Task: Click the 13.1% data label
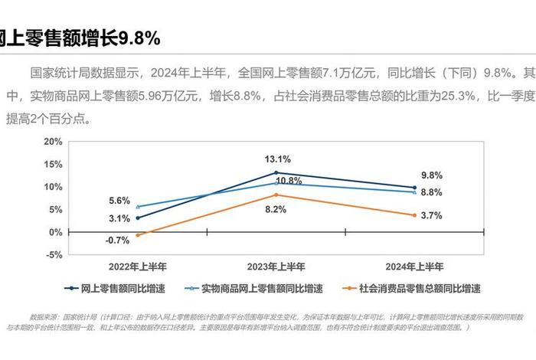[x=277, y=159]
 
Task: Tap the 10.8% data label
[x=289, y=181]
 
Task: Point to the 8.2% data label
[x=276, y=209]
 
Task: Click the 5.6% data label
[x=119, y=201]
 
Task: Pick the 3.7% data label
[x=432, y=216]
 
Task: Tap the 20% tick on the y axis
[x=53, y=142]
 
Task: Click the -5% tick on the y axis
[x=53, y=255]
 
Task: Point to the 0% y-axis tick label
[x=56, y=232]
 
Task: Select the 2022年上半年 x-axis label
[x=138, y=267]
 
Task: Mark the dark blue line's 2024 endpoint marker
[x=414, y=188]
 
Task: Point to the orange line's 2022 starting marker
[x=138, y=235]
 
